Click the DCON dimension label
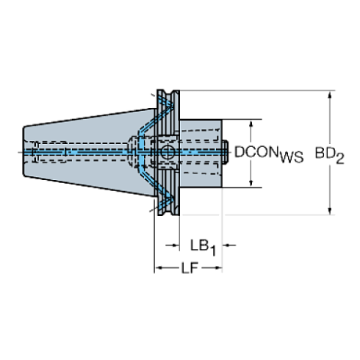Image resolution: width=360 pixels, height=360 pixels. [x=255, y=153]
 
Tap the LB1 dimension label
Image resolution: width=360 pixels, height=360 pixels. [x=201, y=244]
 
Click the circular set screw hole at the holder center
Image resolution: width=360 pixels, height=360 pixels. [x=168, y=153]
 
